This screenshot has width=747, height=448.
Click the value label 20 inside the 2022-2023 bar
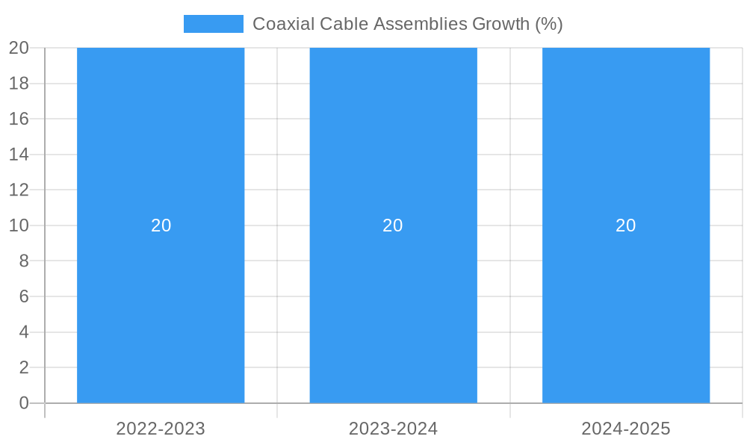click(x=161, y=225)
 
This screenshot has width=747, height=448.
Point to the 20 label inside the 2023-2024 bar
click(x=393, y=225)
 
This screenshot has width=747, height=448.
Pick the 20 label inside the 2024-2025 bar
click(x=626, y=225)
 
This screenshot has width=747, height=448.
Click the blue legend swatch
click(x=214, y=24)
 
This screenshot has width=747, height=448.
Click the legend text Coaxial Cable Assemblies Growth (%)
click(x=407, y=24)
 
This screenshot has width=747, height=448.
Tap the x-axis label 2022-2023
click(x=161, y=429)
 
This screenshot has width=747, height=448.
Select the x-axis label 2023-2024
click(x=393, y=429)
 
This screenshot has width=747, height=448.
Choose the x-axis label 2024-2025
click(x=626, y=429)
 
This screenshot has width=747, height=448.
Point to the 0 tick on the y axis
click(x=24, y=403)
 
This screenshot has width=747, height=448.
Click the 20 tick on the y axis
click(x=19, y=48)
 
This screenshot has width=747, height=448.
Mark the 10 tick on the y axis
click(x=19, y=225)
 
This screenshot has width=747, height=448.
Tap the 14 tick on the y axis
click(x=19, y=155)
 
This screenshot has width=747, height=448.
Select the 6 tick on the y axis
click(x=24, y=296)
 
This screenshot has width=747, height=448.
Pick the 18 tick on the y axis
click(x=19, y=84)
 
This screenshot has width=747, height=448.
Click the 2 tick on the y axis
click(x=24, y=367)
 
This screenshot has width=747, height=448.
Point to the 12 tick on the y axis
click(x=19, y=190)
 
